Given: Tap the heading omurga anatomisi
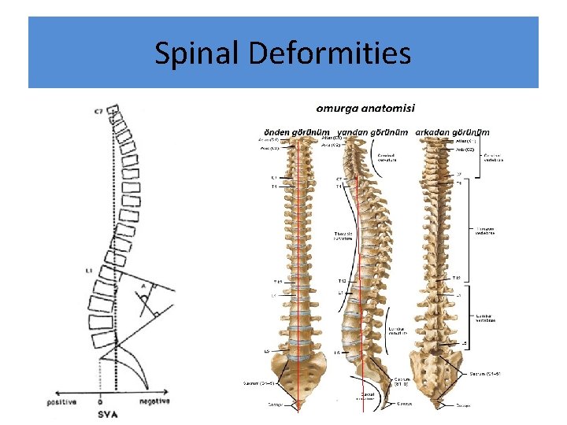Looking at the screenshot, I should (366, 108).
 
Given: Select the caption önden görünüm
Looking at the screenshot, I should (295, 131).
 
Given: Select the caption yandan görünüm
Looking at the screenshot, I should (372, 131).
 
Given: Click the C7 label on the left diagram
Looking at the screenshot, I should (99, 112).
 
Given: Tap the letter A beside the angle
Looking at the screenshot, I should (143, 285).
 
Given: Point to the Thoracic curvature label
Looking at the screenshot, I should (347, 235).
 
